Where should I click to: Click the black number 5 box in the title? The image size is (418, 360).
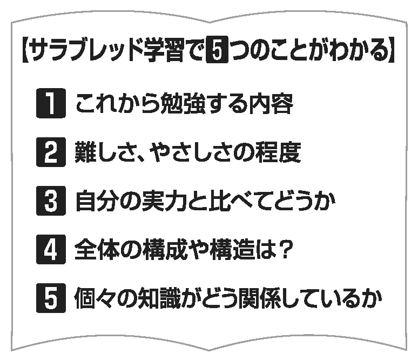(x=217, y=49)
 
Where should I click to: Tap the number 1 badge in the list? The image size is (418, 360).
(x=51, y=103)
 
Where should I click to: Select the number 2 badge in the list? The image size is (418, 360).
(x=51, y=152)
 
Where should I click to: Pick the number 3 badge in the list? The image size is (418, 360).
(x=51, y=201)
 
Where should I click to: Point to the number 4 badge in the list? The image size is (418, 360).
(x=51, y=249)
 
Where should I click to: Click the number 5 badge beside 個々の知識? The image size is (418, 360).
(x=51, y=298)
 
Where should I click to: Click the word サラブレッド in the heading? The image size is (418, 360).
(x=85, y=50)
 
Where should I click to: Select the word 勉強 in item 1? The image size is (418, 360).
(x=184, y=104)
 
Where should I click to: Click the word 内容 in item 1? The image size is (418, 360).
(x=271, y=104)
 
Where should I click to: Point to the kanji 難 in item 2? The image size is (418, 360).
(x=85, y=152)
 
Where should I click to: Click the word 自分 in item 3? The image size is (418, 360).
(x=98, y=201)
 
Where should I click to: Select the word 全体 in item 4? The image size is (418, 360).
(x=97, y=250)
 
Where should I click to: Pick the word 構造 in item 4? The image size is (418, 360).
(x=231, y=250)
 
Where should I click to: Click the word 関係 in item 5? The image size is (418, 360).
(x=260, y=298)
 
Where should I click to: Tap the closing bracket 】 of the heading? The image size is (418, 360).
(x=392, y=50)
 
